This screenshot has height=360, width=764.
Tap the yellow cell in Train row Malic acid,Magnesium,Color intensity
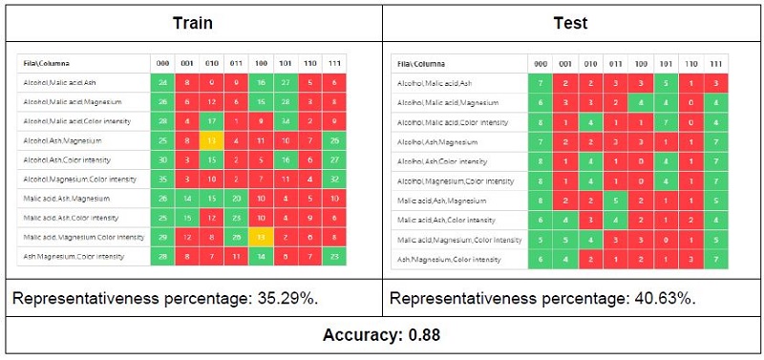pyautogui.click(x=257, y=237)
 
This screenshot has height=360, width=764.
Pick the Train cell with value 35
pyautogui.click(x=162, y=179)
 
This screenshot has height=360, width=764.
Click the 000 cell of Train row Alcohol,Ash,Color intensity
pyautogui.click(x=162, y=159)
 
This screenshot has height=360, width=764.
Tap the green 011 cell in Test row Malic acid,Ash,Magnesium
pyautogui.click(x=616, y=201)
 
